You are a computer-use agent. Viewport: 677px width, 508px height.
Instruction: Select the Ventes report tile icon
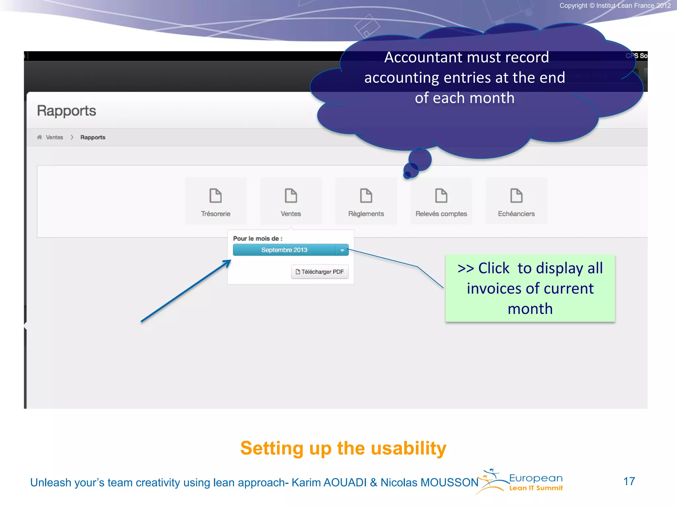click(291, 195)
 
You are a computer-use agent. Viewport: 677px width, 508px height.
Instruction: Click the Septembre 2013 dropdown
click(284, 250)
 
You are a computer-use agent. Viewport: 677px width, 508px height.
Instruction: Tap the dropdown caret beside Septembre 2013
click(342, 250)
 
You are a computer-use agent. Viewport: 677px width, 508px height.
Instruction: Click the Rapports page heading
click(66, 111)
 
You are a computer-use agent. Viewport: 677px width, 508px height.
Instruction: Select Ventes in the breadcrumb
click(55, 137)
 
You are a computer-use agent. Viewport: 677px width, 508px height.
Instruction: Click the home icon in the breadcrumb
click(40, 137)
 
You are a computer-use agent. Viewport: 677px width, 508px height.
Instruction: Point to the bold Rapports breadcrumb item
click(93, 137)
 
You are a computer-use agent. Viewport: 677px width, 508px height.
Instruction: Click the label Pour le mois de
click(258, 238)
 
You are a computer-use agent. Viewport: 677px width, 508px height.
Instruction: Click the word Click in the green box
click(494, 268)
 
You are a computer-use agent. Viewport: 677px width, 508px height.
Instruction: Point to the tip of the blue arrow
click(230, 261)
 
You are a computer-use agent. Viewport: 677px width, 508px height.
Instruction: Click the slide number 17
click(629, 481)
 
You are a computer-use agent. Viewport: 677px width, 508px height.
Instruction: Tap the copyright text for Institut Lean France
click(615, 6)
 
